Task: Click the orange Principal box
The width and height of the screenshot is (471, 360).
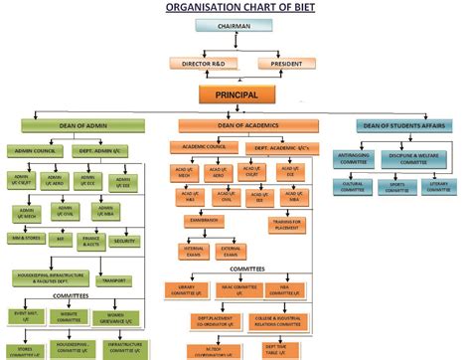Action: (x=235, y=95)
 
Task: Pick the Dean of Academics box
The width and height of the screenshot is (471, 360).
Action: (x=247, y=125)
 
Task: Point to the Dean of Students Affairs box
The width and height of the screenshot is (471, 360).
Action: (x=406, y=125)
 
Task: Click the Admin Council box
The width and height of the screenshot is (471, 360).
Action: (x=37, y=151)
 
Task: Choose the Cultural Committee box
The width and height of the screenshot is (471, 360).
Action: (x=352, y=185)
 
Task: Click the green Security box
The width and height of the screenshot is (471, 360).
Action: (x=124, y=241)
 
